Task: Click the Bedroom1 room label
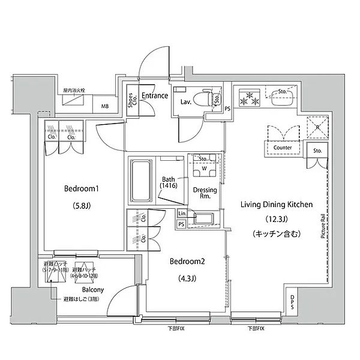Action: [x=81, y=189]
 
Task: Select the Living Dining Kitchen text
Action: [x=277, y=205]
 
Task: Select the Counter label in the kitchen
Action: [x=282, y=147]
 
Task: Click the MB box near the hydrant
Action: [x=105, y=107]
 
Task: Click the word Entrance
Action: [x=154, y=95]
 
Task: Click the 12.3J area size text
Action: [x=277, y=220]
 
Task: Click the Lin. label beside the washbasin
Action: [x=181, y=214]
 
